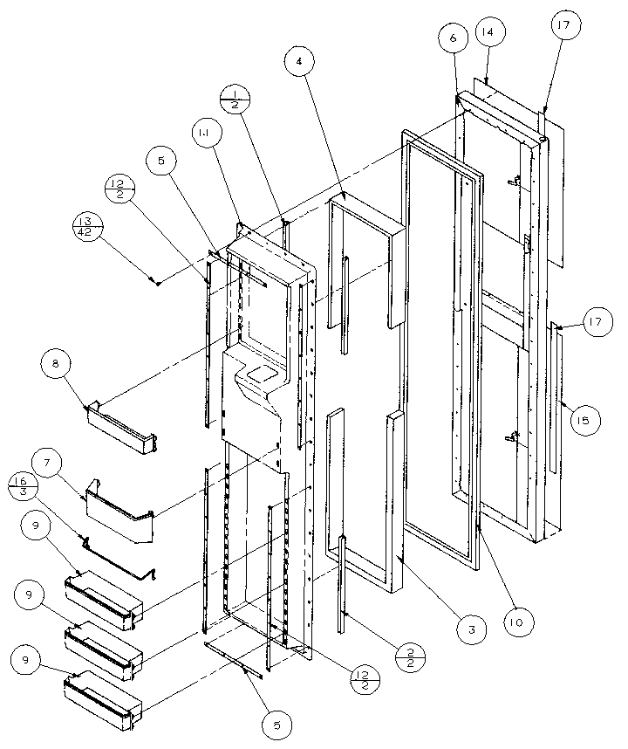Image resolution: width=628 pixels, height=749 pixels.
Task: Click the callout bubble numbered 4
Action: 299,62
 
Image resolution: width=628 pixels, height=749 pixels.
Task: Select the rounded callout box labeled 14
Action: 487,31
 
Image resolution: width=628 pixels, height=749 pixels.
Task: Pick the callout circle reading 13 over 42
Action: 87,224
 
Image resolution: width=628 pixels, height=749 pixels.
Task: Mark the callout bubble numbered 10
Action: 518,621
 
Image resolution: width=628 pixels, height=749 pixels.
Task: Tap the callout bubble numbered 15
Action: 581,421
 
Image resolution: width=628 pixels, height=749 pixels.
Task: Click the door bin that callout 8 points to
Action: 122,428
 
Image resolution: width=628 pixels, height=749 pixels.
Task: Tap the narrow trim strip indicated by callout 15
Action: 557,393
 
